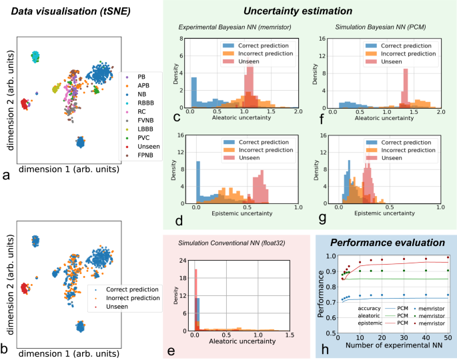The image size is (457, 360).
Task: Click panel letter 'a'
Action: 6,176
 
